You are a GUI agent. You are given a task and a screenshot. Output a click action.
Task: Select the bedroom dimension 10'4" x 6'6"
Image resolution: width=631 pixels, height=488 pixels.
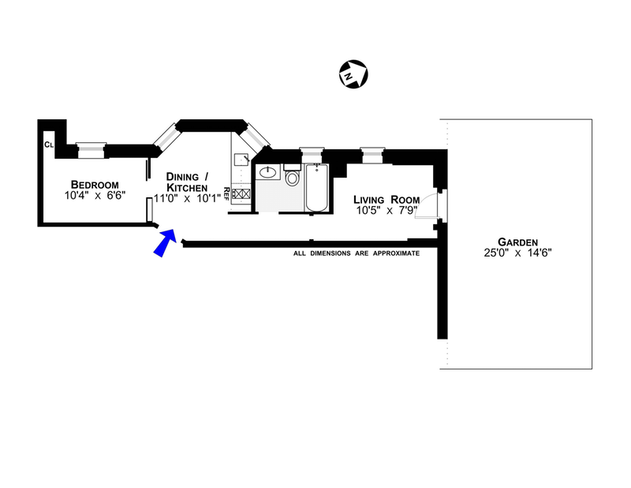coord(96,193)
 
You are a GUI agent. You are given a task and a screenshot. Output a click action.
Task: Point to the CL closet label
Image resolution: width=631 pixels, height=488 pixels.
coord(48,145)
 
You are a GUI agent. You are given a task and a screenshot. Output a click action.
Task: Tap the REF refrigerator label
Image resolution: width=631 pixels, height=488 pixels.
coord(226,193)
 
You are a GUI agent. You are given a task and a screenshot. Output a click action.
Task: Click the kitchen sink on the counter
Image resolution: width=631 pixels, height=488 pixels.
coord(242,158)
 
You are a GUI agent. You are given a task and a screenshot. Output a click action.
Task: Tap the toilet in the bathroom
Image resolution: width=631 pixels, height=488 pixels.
coord(292,178)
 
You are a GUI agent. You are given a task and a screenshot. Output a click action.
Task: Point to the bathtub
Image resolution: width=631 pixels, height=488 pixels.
coord(316,188)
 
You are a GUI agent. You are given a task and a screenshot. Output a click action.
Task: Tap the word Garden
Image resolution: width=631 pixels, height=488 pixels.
coord(517,242)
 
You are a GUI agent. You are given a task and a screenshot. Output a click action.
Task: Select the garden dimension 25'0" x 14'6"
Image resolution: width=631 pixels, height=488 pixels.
coord(518,255)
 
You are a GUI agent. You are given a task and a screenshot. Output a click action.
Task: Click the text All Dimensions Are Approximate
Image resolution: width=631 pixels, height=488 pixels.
coord(356,253)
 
